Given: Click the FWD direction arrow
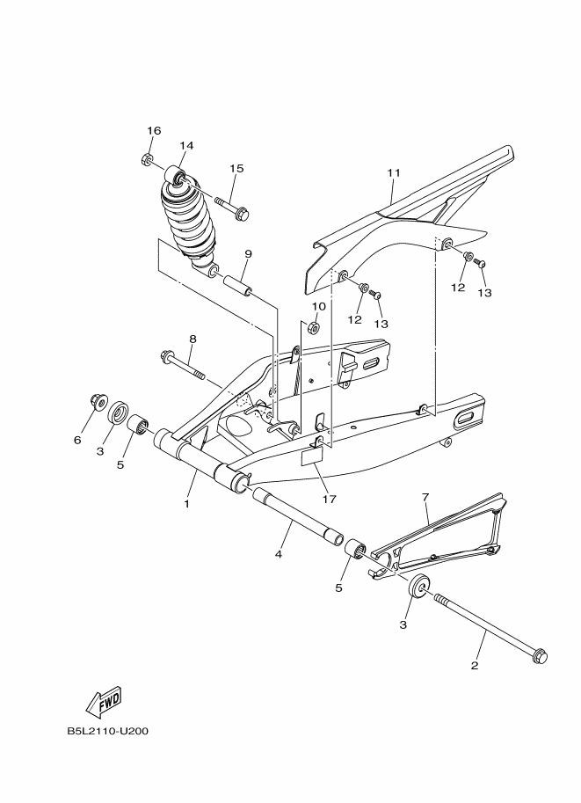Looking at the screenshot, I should pos(104,700).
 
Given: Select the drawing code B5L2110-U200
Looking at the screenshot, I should pos(106,730).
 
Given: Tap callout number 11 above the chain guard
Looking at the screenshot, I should pos(393,174).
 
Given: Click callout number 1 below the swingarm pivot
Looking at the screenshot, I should pos(186,504).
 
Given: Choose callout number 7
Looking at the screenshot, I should pos(425,498).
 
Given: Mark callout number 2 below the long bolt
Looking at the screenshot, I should pos(475,665).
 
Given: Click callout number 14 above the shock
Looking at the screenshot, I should pos(186,145).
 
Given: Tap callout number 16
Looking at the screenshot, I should pos(154,131).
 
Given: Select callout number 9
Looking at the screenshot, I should pos(249,253).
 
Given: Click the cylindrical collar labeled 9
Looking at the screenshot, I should pos(237,287).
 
